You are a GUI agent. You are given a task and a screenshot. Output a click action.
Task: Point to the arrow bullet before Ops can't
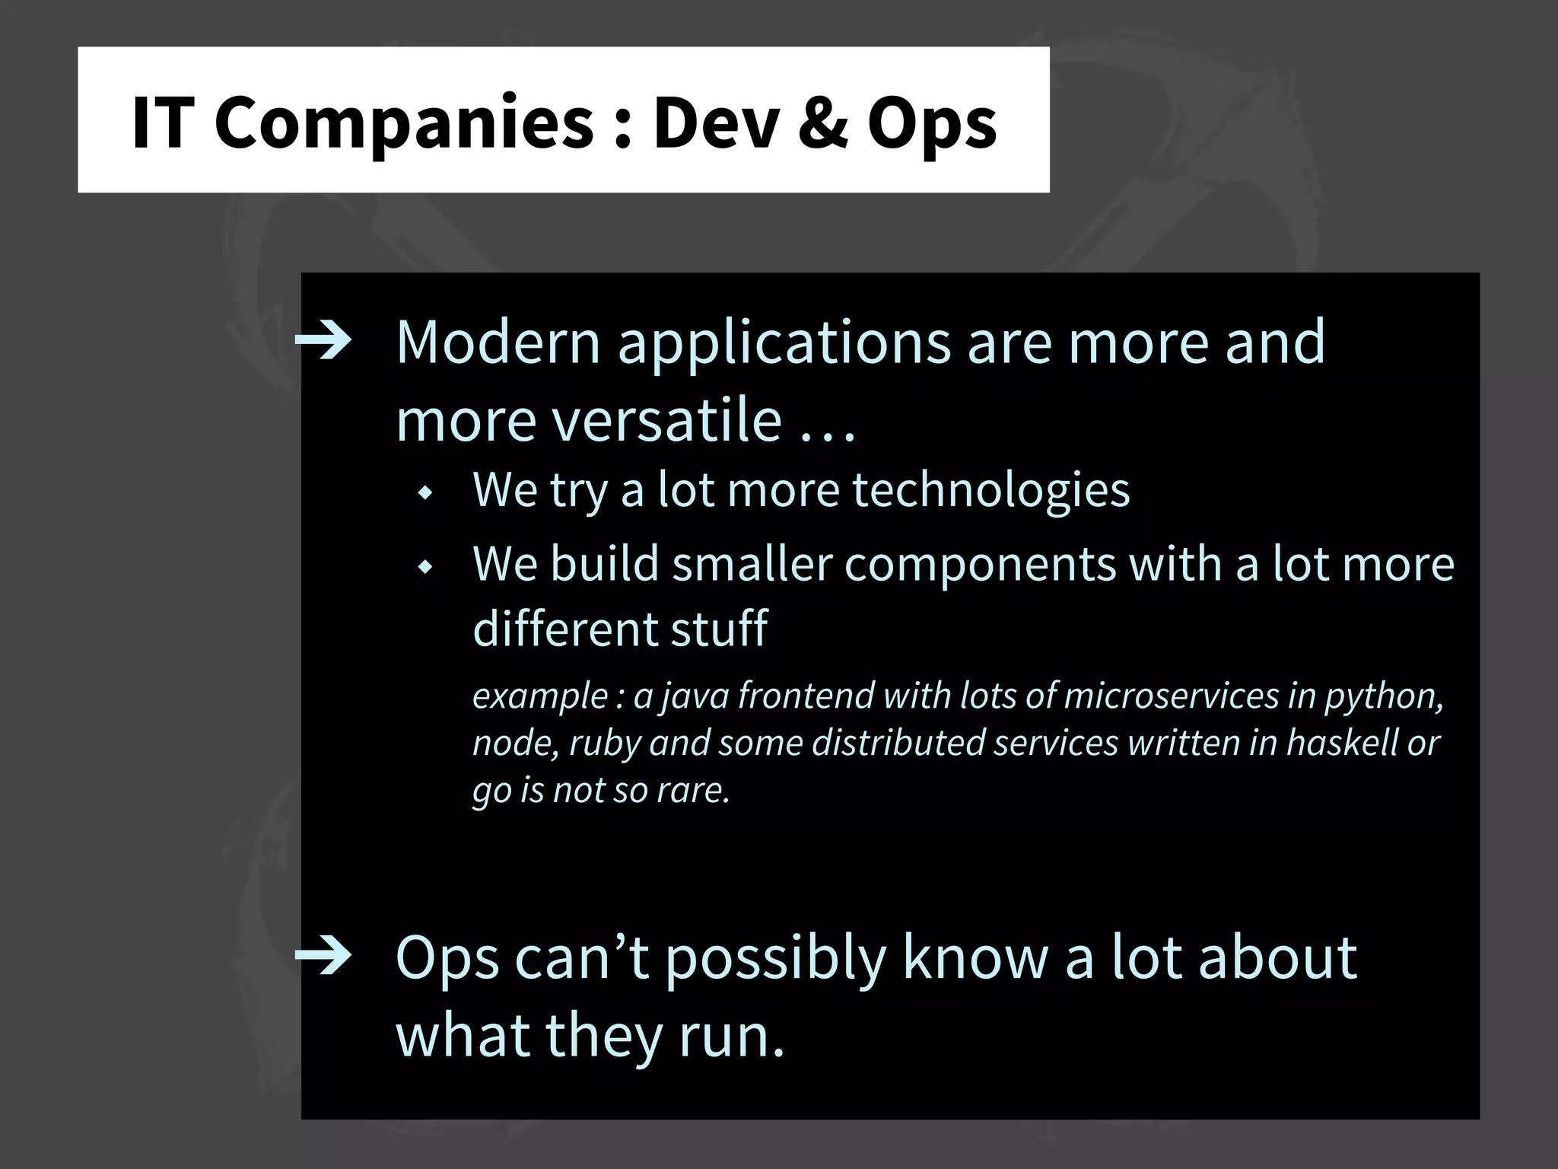click(x=323, y=957)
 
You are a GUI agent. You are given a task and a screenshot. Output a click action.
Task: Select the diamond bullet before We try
click(x=425, y=493)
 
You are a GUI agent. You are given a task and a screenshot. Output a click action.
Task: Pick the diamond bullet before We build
click(x=425, y=567)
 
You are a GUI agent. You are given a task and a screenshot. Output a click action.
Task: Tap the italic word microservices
click(x=1171, y=696)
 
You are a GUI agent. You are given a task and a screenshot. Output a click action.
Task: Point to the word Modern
click(x=498, y=342)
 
